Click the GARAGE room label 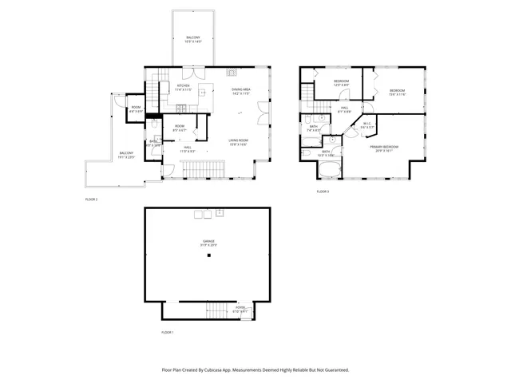tap(208, 242)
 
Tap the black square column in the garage tap(208, 256)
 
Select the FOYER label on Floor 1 tap(240, 307)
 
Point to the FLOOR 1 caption tap(167, 332)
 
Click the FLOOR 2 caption tap(91, 199)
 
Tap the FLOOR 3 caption tap(323, 191)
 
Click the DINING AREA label tap(242, 90)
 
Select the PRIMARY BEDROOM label tap(384, 148)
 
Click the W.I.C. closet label tap(366, 124)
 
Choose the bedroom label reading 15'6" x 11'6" tap(397, 92)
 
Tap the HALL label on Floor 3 tap(344, 108)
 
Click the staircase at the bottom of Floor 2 tap(201, 169)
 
